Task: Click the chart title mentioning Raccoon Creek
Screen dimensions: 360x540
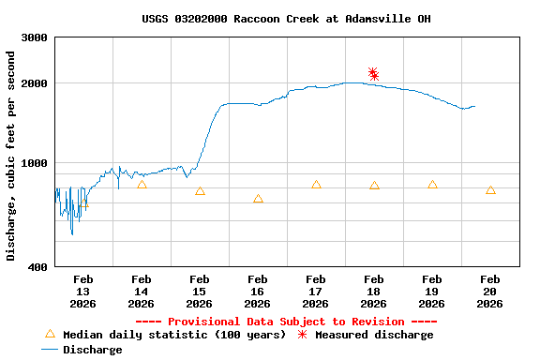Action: click(286, 19)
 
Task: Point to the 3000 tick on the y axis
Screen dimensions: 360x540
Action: click(36, 37)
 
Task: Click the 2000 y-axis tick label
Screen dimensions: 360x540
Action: click(36, 83)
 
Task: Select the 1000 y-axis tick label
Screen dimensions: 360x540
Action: click(36, 163)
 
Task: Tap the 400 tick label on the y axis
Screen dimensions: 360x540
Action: click(39, 267)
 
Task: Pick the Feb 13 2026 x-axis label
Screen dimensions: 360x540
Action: click(82, 291)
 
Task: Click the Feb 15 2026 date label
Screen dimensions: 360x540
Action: click(199, 291)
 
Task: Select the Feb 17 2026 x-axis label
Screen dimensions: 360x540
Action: click(315, 291)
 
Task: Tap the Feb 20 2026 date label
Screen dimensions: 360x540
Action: click(489, 291)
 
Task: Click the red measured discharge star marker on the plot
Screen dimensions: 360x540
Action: click(373, 74)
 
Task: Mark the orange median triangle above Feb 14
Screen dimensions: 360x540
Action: click(142, 185)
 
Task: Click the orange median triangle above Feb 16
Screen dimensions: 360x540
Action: click(258, 199)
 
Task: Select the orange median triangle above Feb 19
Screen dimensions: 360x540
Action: click(432, 185)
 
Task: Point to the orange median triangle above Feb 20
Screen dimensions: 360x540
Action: click(490, 190)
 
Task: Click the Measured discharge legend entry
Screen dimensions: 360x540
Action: click(366, 335)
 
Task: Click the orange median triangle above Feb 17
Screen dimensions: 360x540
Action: click(316, 185)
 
